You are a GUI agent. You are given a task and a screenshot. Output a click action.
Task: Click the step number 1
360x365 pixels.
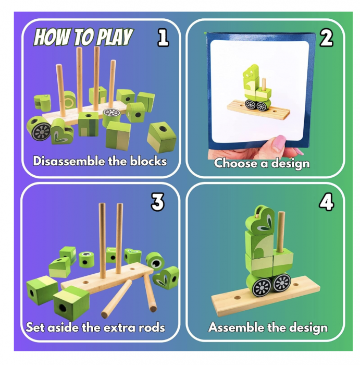coord(163,38)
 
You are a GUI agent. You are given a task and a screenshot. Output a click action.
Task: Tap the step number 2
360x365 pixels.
coord(326,38)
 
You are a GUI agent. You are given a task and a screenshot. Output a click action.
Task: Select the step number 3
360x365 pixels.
coord(158,202)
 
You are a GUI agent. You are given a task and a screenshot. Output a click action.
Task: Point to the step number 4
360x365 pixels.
coord(326,202)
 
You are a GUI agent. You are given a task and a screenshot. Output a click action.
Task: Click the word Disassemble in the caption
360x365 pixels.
coord(69,161)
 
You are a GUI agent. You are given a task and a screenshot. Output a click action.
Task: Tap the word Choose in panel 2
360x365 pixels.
coord(236,163)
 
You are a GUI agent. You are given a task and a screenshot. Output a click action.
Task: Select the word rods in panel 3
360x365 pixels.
coord(152,327)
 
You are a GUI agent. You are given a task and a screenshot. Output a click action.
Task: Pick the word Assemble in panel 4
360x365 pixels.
coord(236,327)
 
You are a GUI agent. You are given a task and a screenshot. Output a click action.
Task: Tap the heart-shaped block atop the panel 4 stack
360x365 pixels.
coord(260,221)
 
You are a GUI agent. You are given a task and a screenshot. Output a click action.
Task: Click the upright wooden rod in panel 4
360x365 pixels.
coord(281,232)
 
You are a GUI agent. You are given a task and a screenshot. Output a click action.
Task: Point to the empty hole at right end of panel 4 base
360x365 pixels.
coord(296,285)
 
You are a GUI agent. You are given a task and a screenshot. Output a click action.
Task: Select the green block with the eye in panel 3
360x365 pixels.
coord(155,261)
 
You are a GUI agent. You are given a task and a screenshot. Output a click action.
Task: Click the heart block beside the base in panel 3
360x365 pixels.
coord(166,277)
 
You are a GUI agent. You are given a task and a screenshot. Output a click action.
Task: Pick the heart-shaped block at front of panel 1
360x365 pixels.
coord(62,131)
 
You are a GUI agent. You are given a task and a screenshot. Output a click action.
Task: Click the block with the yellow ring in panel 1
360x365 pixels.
coord(69,100)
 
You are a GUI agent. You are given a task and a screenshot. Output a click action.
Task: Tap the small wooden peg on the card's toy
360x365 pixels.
coord(264,84)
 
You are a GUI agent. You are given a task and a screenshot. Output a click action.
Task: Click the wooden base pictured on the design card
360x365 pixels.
coord(258,110)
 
